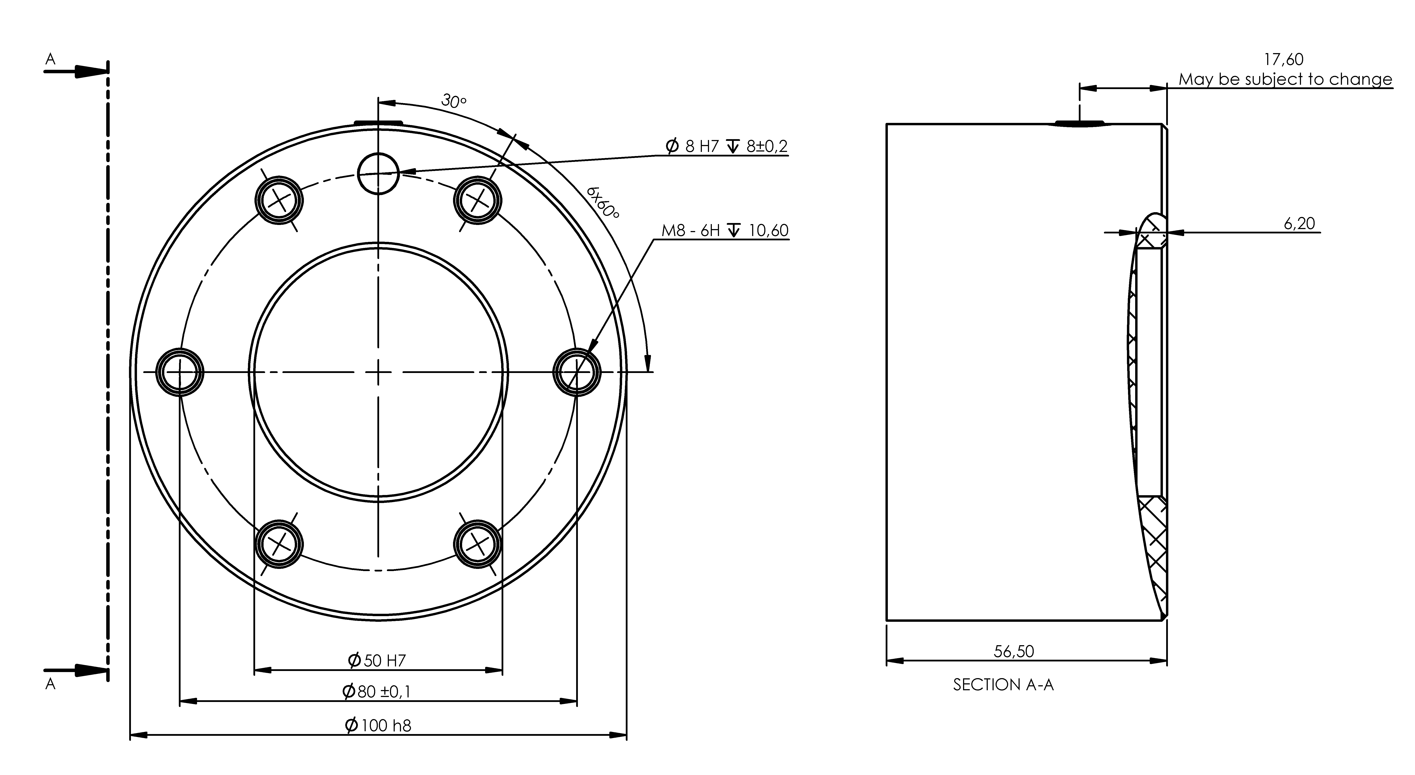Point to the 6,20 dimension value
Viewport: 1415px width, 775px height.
tap(1299, 223)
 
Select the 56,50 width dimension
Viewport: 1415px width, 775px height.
tap(1014, 651)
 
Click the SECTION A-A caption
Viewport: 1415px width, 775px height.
tap(1003, 685)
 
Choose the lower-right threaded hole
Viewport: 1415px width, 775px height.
tap(477, 544)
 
